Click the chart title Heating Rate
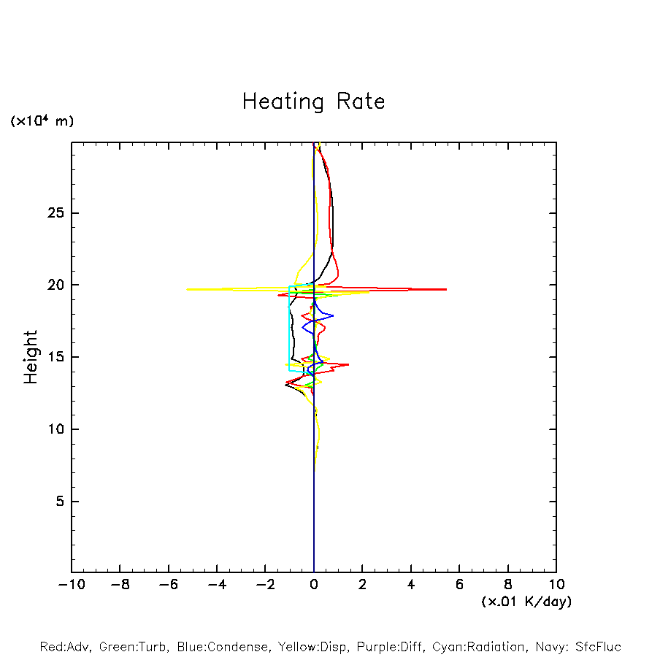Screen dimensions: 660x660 pyautogui.click(x=313, y=101)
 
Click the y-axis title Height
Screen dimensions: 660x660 pyautogui.click(x=30, y=357)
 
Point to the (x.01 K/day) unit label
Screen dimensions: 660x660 pyautogui.click(x=526, y=602)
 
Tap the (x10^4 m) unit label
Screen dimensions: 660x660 pyautogui.click(x=42, y=121)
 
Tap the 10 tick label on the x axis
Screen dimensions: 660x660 pyautogui.click(x=556, y=585)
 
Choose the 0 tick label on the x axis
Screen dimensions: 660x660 pyautogui.click(x=314, y=585)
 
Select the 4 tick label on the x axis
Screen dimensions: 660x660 pyautogui.click(x=411, y=585)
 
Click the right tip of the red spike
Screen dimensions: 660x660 pyautogui.click(x=446, y=289)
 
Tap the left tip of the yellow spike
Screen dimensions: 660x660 pyautogui.click(x=188, y=289)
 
